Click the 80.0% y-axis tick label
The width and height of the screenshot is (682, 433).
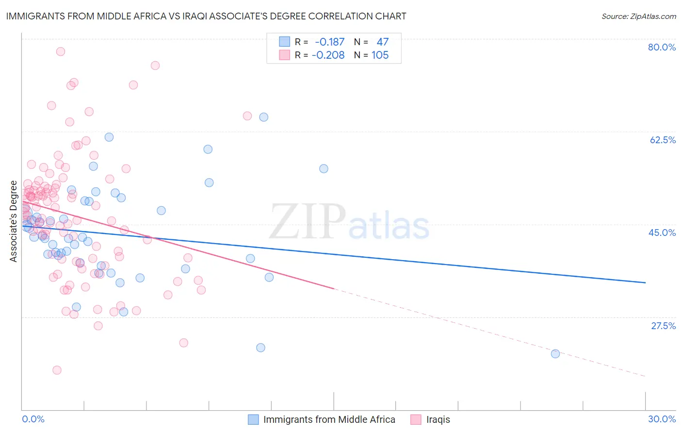[662, 47]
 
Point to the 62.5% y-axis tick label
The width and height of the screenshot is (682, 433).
[663, 140]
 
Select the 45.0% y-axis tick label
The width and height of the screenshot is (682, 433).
[662, 233]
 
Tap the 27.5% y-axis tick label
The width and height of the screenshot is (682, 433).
[663, 326]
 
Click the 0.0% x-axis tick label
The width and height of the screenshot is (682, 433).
[33, 419]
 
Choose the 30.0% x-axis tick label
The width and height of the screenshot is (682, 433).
[662, 419]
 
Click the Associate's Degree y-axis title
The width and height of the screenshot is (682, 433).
[14, 221]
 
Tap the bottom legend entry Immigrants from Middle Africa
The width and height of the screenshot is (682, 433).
[329, 419]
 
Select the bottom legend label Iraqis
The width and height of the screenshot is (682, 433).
[438, 419]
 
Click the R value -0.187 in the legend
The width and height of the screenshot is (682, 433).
[329, 42]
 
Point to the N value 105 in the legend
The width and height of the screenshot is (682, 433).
[380, 55]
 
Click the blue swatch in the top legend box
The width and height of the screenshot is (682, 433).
[284, 42]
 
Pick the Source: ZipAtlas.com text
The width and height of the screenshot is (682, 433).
[638, 17]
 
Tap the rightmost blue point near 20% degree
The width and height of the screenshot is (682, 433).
[555, 354]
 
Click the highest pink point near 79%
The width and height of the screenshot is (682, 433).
[61, 51]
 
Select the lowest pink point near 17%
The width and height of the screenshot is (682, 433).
[57, 370]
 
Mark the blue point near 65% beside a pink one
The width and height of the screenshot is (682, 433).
[263, 117]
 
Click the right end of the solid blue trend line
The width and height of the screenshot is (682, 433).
[645, 283]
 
